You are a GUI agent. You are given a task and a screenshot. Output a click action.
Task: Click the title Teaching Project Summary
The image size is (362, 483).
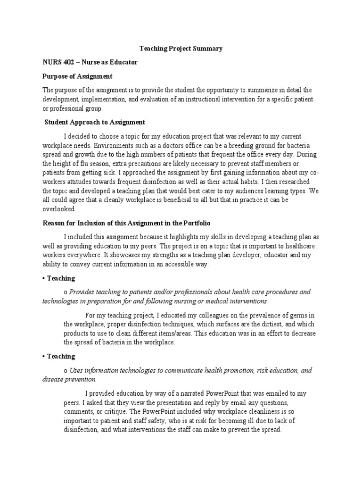click(x=181, y=48)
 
